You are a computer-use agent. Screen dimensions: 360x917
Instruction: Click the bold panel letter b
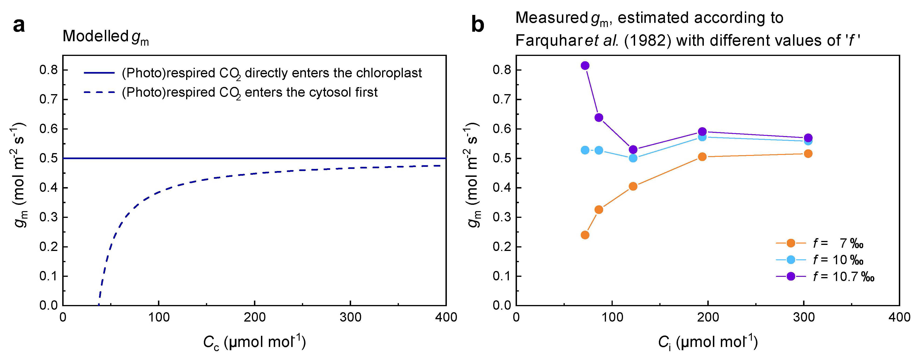478,26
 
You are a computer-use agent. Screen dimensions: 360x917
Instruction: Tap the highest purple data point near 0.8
585,65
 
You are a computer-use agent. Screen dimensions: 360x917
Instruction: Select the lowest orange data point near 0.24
585,235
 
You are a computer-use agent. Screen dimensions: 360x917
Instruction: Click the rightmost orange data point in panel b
808,154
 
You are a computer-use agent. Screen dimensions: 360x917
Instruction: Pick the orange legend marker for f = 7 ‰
791,243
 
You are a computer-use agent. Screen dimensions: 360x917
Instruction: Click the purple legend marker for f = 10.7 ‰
791,276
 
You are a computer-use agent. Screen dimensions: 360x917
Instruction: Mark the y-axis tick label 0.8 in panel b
502,70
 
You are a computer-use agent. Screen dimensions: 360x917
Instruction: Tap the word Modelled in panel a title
95,36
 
